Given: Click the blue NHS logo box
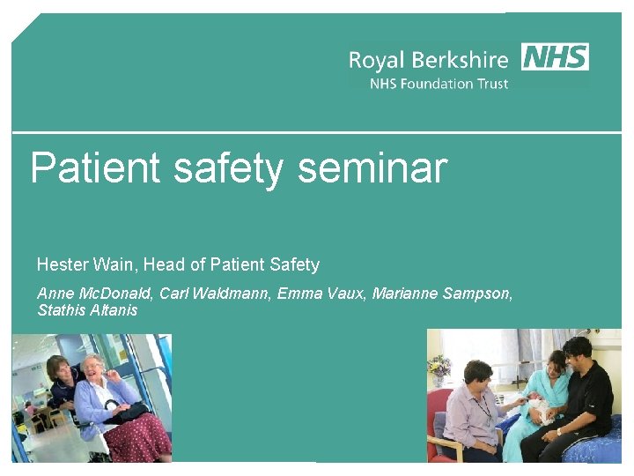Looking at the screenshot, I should [555, 56].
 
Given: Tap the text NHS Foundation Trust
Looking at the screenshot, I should [439, 84].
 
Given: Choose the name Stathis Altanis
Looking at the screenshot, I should [87, 310].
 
